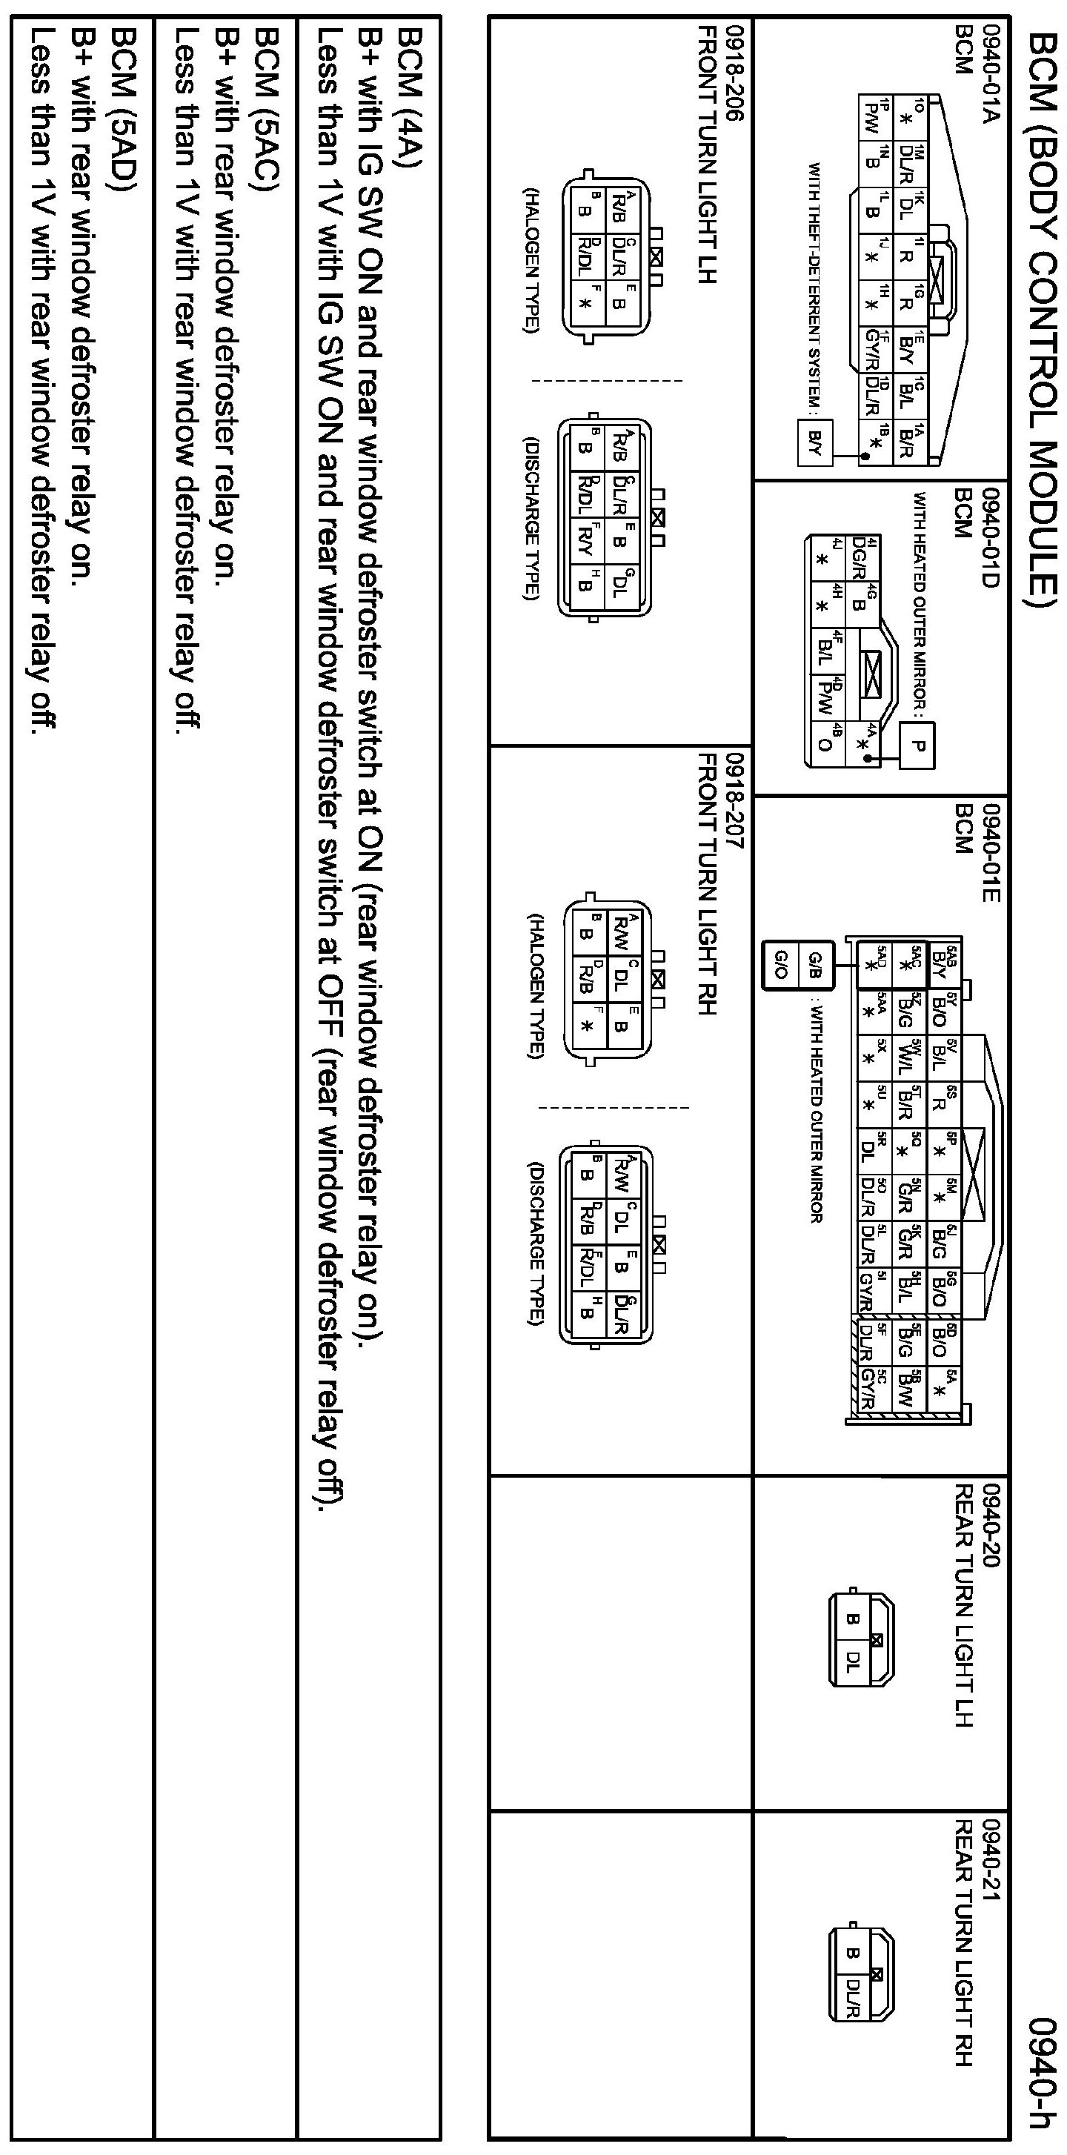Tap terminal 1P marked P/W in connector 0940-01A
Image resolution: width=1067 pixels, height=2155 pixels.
click(x=870, y=110)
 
